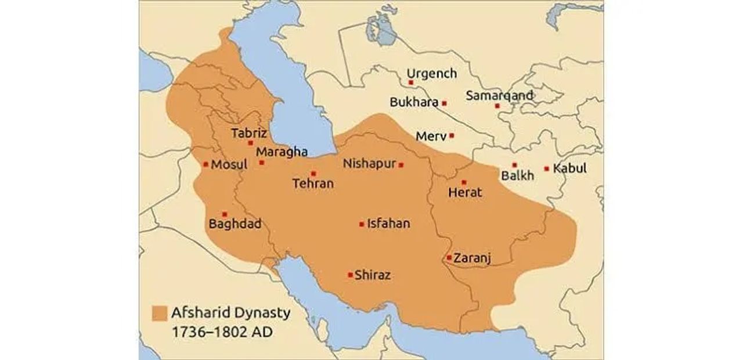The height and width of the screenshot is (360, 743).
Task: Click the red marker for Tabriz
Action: [x=251, y=142]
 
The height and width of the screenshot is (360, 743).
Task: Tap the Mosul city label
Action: [x=229, y=165]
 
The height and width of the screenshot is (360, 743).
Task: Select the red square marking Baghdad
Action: [x=225, y=214]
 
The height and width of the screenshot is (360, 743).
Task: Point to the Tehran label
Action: [x=313, y=183]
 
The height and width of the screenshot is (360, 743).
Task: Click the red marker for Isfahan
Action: [x=362, y=224]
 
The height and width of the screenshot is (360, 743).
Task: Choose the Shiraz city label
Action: [x=372, y=275]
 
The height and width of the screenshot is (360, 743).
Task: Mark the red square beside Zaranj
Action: [x=449, y=257]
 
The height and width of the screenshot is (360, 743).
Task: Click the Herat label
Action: [x=465, y=192]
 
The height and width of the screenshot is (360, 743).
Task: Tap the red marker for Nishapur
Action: [x=401, y=165]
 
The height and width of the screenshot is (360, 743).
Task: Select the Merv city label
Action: [x=431, y=136]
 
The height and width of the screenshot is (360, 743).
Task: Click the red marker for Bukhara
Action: [x=444, y=103]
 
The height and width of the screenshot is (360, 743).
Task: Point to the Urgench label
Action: [x=431, y=74]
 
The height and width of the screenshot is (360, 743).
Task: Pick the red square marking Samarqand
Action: [x=497, y=106]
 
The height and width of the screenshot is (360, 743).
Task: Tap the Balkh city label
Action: [x=518, y=175]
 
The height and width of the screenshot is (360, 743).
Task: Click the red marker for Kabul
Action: [x=546, y=169]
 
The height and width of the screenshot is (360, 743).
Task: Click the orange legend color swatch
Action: [x=159, y=313]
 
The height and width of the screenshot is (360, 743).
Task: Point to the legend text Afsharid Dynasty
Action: [x=230, y=313]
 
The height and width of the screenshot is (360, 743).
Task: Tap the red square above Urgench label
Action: [x=411, y=83]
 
